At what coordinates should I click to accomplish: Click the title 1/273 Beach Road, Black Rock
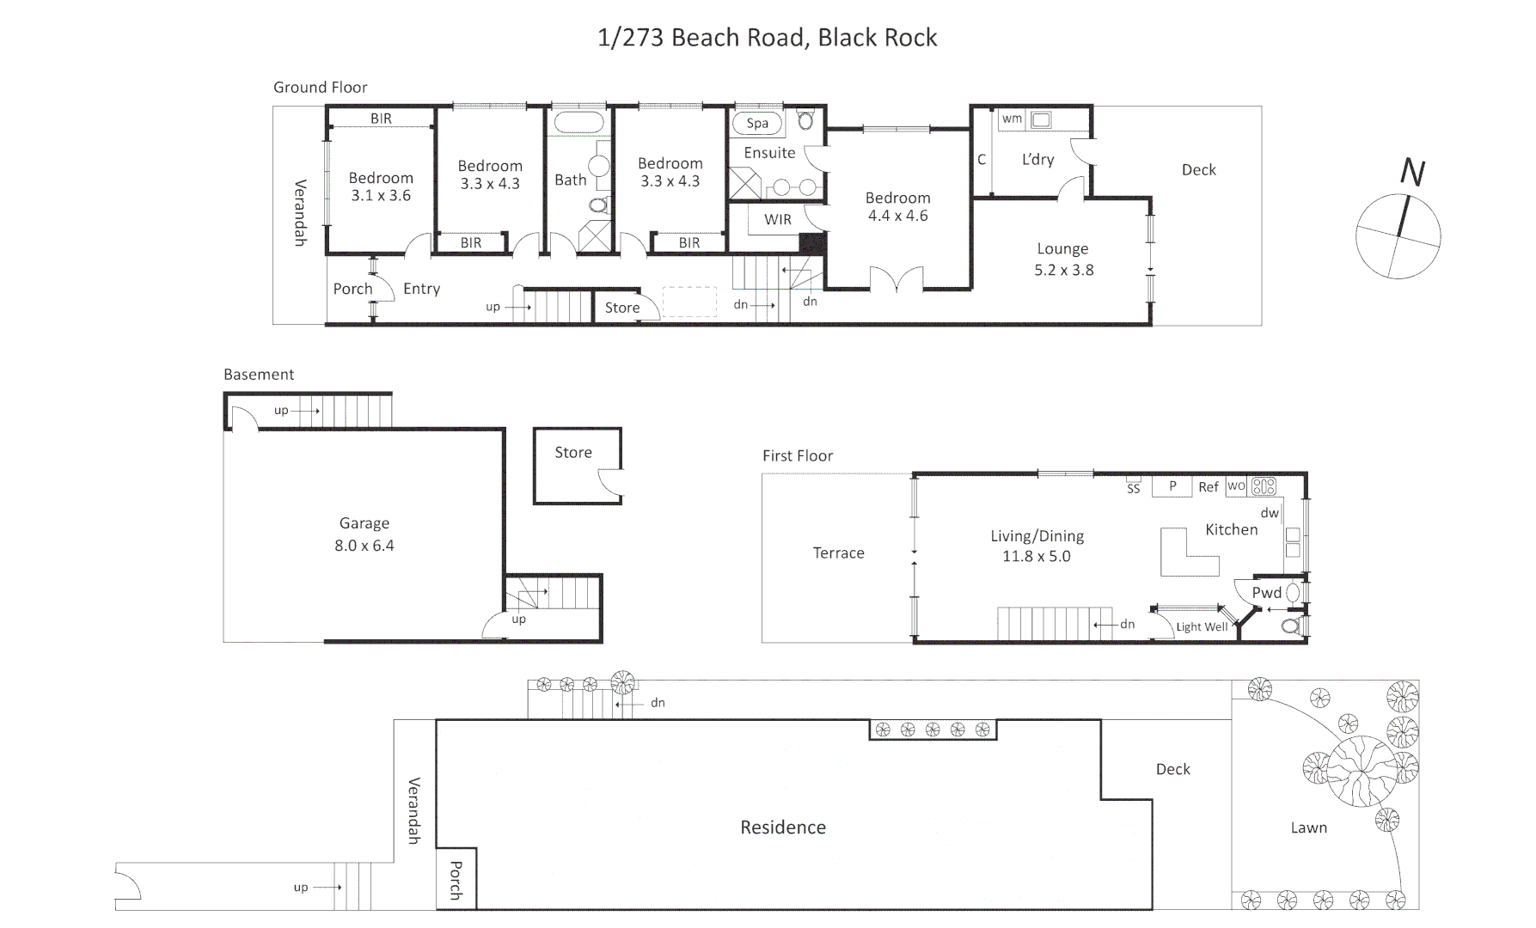(767, 38)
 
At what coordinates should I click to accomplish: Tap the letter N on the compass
(1412, 173)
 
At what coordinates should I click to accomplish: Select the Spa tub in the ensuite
(757, 123)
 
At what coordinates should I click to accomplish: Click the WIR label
(778, 220)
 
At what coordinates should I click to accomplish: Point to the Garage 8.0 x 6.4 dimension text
(364, 546)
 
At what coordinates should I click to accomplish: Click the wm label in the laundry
(1012, 119)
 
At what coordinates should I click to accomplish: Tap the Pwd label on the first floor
(1266, 593)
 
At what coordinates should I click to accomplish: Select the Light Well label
(1202, 627)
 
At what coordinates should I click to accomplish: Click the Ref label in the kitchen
(1209, 487)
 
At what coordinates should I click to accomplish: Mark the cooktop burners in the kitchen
(1264, 487)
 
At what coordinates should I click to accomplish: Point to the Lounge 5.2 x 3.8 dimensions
(1063, 270)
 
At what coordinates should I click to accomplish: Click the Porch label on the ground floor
(353, 289)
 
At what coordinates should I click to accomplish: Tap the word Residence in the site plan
(783, 827)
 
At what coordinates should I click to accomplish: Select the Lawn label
(1308, 828)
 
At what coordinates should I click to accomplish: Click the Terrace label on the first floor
(838, 553)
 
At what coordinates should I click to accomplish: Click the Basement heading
(259, 375)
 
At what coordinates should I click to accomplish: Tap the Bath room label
(570, 180)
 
